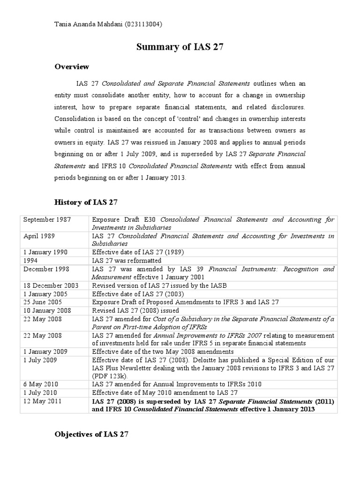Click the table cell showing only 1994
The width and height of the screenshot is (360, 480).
[31, 260]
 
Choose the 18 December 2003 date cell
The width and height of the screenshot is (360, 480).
[51, 285]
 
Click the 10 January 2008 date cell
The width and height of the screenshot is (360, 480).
[47, 310]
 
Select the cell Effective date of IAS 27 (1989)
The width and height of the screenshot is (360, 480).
[138, 252]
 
